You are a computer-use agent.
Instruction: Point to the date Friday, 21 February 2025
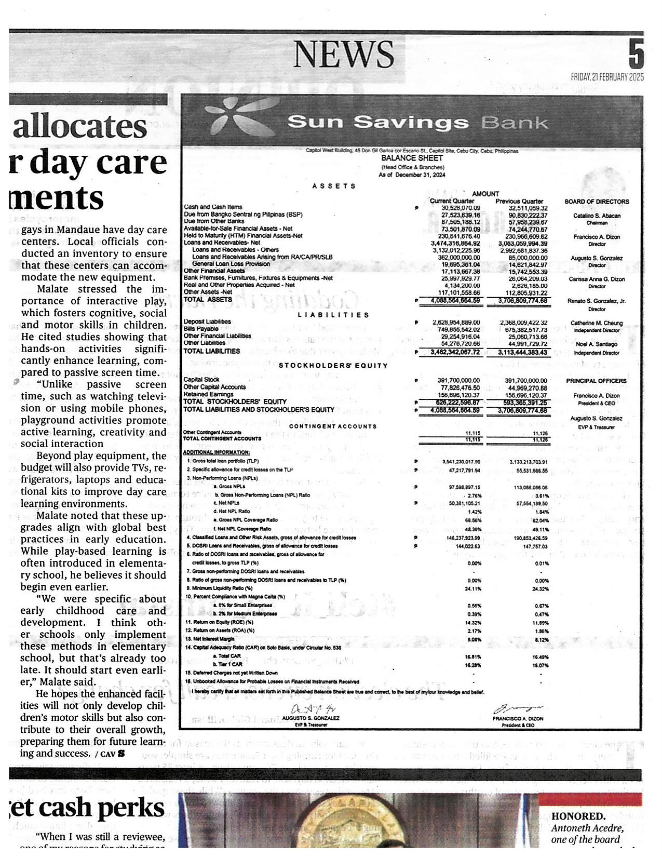click(607, 77)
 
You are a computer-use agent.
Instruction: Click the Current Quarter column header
click(452, 201)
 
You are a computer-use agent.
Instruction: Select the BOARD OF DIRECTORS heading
click(596, 202)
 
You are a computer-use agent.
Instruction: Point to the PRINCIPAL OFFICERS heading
click(596, 381)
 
